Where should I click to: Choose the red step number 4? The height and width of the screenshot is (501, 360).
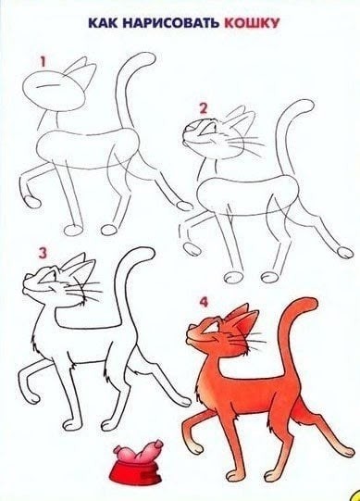[x=205, y=303]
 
